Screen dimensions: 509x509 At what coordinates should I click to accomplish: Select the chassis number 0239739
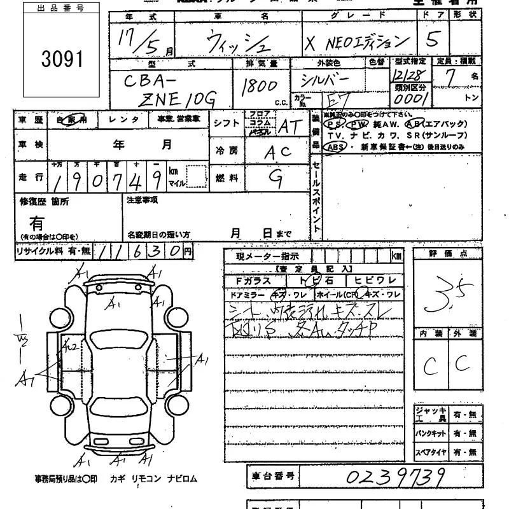click(x=396, y=477)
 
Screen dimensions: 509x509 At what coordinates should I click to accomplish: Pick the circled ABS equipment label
click(x=335, y=146)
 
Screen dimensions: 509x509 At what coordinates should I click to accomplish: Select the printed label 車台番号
click(x=271, y=476)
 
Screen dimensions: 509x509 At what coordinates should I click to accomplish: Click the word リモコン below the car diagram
click(x=147, y=478)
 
